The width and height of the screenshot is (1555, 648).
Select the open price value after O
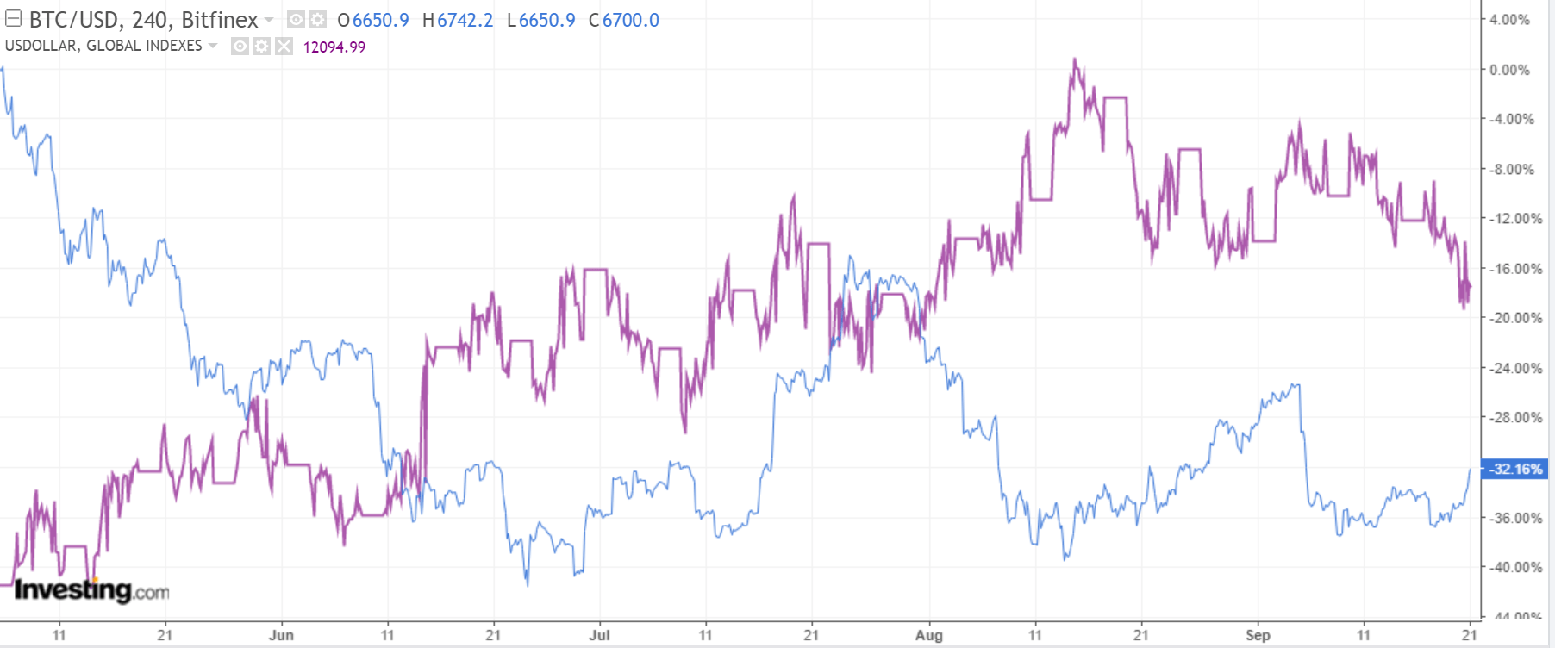(380, 20)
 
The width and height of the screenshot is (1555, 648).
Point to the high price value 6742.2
(465, 20)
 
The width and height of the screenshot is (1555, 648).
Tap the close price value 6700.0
(630, 20)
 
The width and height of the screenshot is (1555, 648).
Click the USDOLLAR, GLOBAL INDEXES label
(103, 46)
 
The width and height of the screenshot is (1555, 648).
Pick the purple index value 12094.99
(334, 47)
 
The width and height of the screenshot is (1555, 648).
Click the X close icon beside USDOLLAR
(284, 47)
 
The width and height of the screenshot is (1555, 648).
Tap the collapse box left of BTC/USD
(13, 19)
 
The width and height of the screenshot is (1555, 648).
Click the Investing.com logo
(91, 590)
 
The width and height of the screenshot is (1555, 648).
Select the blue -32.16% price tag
(1514, 469)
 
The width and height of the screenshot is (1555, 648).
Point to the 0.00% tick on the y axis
(1509, 70)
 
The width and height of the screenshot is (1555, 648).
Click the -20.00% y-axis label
(1515, 318)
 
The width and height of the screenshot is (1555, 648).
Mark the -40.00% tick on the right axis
(1515, 567)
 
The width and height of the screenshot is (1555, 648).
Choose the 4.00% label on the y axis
(1509, 20)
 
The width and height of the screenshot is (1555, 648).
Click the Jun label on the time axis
(281, 635)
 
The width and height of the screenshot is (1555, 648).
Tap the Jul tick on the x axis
(599, 635)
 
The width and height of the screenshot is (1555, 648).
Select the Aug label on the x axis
(928, 635)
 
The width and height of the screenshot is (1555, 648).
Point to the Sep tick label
(1258, 635)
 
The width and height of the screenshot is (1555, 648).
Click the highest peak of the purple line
(1074, 59)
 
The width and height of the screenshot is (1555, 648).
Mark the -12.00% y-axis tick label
(1515, 219)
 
